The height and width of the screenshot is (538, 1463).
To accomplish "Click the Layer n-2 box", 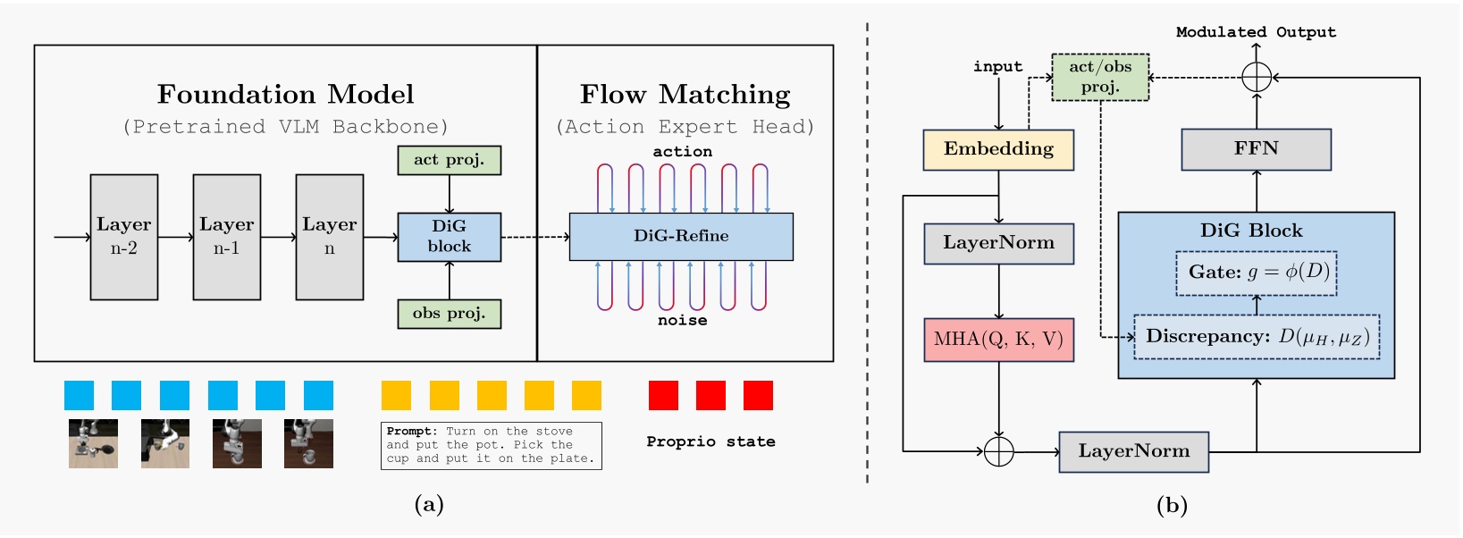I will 124,237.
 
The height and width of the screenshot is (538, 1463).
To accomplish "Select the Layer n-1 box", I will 227,237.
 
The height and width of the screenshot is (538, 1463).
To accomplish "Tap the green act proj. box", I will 449,160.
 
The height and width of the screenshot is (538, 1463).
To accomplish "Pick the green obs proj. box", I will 449,314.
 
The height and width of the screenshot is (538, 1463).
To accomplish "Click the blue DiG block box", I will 449,237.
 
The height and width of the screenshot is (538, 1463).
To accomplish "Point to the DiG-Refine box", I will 681,236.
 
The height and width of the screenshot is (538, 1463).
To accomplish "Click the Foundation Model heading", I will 285,95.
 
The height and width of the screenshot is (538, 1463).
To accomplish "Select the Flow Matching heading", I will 685,95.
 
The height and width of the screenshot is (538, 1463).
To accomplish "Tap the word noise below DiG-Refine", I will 682,320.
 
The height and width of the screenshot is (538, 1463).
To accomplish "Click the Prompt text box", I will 491,445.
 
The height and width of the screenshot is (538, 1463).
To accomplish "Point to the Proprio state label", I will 710,441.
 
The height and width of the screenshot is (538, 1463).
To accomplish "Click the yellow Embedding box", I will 998,149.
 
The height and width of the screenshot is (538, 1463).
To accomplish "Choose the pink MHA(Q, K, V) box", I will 998,340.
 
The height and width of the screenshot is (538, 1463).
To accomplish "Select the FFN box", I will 1256,149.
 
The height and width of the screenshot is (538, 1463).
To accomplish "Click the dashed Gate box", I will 1256,273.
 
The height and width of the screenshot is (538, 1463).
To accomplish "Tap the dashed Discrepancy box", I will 1256,337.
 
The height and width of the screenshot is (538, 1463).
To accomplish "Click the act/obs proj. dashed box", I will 1100,77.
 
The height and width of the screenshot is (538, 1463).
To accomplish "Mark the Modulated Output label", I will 1256,32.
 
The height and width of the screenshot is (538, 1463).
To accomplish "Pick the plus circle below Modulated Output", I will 1257,77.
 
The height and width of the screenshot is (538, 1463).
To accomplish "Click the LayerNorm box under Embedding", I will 998,243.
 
